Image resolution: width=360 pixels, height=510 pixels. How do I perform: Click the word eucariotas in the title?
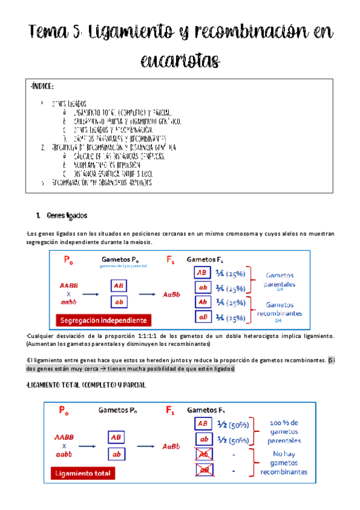pyautogui.click(x=180, y=60)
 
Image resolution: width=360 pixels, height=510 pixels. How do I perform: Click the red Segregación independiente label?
pyautogui.click(x=102, y=319)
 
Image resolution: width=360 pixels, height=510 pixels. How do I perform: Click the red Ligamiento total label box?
pyautogui.click(x=84, y=473)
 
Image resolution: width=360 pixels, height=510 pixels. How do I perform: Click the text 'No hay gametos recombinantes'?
pyautogui.click(x=284, y=462)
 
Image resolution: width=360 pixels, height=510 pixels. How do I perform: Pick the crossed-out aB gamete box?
pyautogui.click(x=204, y=471)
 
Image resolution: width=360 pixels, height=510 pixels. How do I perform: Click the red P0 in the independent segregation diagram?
pyautogui.click(x=68, y=260)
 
